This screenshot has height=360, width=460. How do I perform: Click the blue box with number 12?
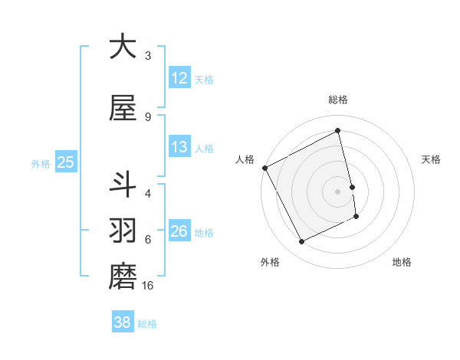click(179, 78)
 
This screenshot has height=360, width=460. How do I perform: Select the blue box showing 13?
click(179, 147)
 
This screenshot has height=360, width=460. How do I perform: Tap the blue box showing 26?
click(179, 231)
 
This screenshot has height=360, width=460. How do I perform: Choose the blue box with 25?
click(65, 162)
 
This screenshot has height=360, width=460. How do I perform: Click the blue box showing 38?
click(123, 322)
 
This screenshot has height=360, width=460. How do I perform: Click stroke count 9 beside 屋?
click(148, 117)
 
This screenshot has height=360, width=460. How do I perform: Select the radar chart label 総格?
click(338, 100)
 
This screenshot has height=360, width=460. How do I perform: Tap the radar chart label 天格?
click(432, 159)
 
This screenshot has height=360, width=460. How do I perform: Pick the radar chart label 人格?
click(245, 159)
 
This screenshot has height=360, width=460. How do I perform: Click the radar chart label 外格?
click(270, 262)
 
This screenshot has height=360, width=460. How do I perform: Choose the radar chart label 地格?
click(402, 262)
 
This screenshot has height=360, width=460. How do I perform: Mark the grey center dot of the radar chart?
click(338, 191)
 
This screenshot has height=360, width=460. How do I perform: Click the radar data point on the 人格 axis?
click(265, 168)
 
